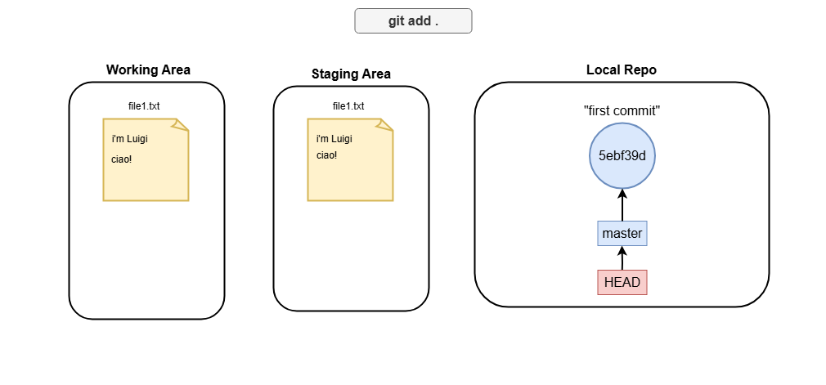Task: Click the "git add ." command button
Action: (413, 21)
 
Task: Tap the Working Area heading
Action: (148, 70)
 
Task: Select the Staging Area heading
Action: (351, 74)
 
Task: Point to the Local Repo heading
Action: (622, 70)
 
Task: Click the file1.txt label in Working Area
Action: (144, 106)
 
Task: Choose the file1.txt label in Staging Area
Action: (348, 106)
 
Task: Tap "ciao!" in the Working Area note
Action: (122, 159)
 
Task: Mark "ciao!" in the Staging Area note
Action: (326, 155)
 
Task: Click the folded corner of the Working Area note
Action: (180, 125)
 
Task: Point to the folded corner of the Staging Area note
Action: (384, 125)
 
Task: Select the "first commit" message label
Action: (622, 110)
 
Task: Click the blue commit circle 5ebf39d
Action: (622, 156)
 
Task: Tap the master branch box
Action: (622, 233)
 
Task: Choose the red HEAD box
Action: (622, 282)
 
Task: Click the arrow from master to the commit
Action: (622, 205)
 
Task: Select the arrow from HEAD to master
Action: (622, 257)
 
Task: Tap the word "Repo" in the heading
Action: (641, 70)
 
